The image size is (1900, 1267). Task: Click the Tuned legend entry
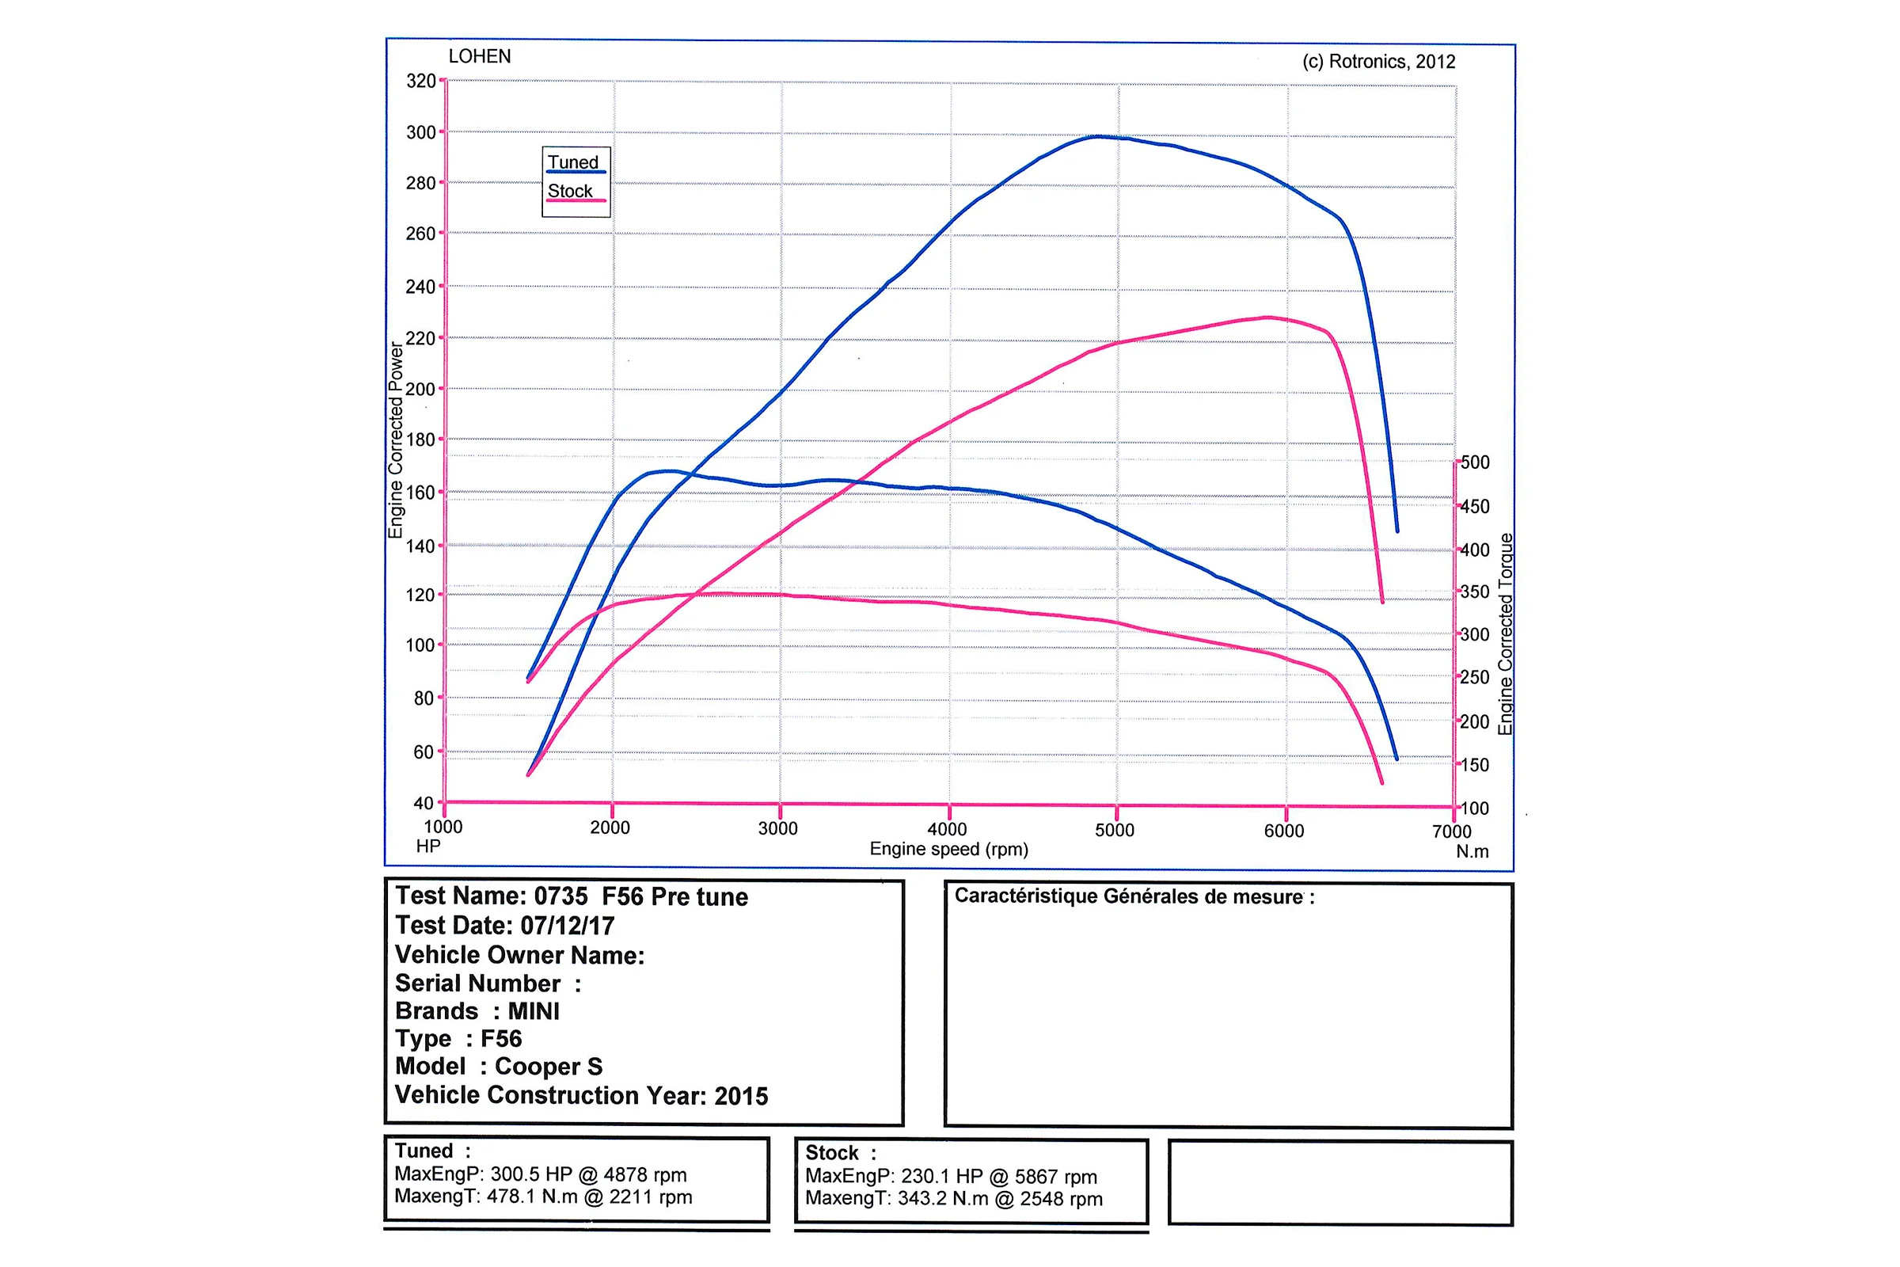coord(572,162)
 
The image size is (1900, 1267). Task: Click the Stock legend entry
coord(570,192)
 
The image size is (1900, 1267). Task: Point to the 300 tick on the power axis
coord(421,131)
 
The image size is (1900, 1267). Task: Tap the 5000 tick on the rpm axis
coord(1115,830)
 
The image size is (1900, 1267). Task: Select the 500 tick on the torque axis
coord(1475,462)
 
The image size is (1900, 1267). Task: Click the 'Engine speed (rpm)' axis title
coord(948,849)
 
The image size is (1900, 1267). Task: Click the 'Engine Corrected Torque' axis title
coord(1504,634)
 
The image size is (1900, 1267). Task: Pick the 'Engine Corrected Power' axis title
coord(395,440)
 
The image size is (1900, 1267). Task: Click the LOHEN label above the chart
coord(480,56)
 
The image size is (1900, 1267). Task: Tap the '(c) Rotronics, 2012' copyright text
coord(1378,62)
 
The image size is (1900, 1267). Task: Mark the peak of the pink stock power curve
coord(1267,318)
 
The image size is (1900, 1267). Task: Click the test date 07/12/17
coord(567,926)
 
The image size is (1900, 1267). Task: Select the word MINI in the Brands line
coord(533,1012)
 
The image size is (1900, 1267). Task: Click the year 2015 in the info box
coord(741,1097)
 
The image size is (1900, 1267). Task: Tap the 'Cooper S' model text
coord(549,1067)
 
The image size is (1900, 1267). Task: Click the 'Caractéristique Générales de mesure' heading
coord(1134,896)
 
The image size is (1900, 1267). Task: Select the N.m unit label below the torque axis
coord(1472,852)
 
